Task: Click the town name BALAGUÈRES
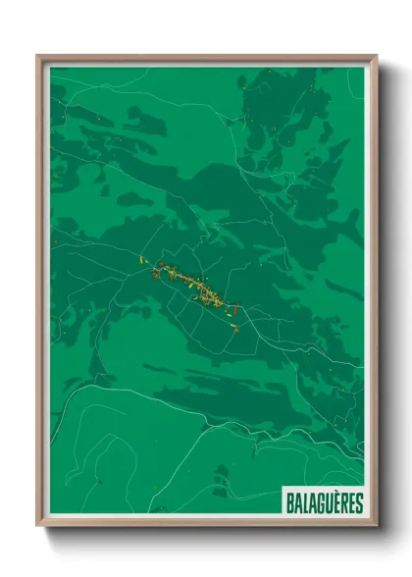pyautogui.click(x=324, y=503)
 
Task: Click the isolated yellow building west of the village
pyautogui.click(x=142, y=259)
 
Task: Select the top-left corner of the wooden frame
pyautogui.click(x=37, y=56)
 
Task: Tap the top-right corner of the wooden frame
pyautogui.click(x=377, y=56)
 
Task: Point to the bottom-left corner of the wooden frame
pyautogui.click(x=37, y=527)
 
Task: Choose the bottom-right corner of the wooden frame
pyautogui.click(x=377, y=527)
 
